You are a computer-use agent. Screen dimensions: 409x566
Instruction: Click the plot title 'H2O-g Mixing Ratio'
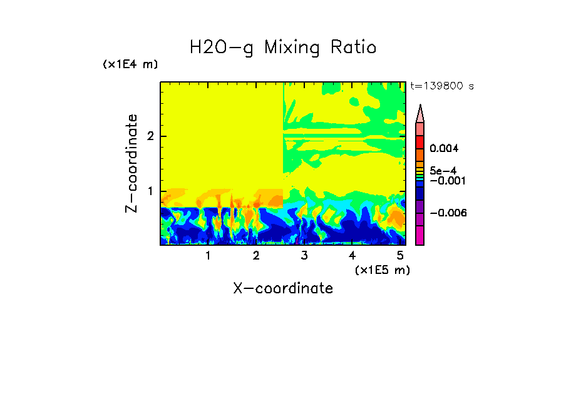pyautogui.click(x=283, y=48)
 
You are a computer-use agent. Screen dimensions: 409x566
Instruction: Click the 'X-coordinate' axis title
pyautogui.click(x=283, y=288)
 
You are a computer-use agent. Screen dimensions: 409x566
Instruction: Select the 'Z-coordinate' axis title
pyautogui.click(x=131, y=163)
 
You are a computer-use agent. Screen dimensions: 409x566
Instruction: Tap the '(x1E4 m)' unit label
pyautogui.click(x=130, y=64)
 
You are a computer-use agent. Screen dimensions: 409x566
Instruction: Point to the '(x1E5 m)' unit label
pyautogui.click(x=381, y=270)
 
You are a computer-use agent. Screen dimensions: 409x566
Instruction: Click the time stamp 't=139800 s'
pyautogui.click(x=441, y=86)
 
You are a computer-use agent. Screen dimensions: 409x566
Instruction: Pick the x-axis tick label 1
pyautogui.click(x=208, y=256)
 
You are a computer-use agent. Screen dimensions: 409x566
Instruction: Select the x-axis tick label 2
pyautogui.click(x=256, y=256)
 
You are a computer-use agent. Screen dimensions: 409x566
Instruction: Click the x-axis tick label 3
pyautogui.click(x=304, y=256)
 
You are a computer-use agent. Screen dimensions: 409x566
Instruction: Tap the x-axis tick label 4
pyautogui.click(x=352, y=256)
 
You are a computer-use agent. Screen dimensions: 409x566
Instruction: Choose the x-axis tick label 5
pyautogui.click(x=400, y=256)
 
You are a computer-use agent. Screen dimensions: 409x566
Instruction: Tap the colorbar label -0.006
pyautogui.click(x=448, y=213)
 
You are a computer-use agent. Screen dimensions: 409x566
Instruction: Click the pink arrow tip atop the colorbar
pyautogui.click(x=420, y=113)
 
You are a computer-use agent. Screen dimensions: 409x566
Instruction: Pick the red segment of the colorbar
pyautogui.click(x=420, y=141)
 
